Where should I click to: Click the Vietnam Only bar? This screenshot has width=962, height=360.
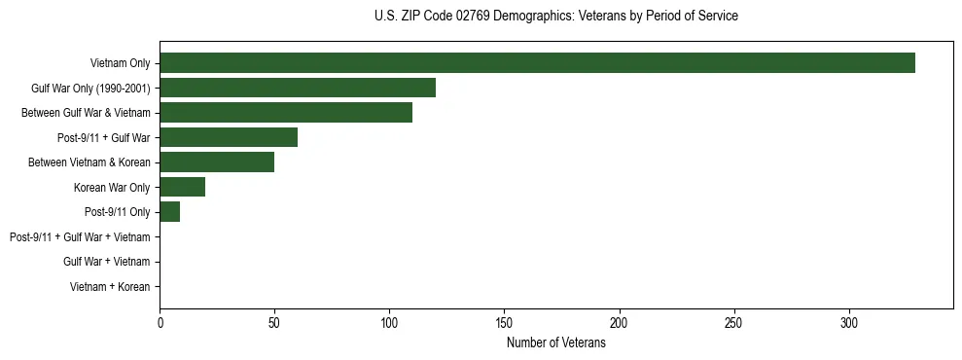point(537,63)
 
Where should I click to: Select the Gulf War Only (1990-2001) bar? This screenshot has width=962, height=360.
point(298,88)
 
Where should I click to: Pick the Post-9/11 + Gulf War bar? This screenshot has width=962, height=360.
point(229,137)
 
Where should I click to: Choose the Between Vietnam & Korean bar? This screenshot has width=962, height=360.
point(217,162)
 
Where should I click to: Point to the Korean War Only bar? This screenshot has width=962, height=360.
point(183,187)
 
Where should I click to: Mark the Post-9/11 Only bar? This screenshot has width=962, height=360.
point(170,212)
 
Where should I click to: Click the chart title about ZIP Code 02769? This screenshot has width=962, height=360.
point(556,17)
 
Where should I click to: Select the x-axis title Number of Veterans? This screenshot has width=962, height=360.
point(556,343)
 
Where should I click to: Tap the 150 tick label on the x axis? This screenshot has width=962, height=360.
point(505,323)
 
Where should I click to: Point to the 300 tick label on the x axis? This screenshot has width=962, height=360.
point(849,323)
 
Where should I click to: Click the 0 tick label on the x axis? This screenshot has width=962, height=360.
point(160,323)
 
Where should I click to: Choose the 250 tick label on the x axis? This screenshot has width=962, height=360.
point(734,323)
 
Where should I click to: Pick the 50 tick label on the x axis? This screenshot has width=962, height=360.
point(275,323)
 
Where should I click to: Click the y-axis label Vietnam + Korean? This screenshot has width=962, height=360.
point(110,287)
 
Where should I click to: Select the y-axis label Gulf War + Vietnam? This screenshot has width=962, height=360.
point(107,262)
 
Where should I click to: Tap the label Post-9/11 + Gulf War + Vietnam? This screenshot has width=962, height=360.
point(80,237)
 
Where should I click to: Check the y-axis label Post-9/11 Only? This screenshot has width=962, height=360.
point(118,212)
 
